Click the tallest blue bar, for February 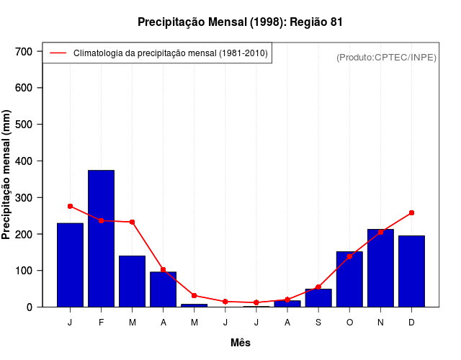(101, 238)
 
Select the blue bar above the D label (411, 271)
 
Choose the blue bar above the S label (318, 298)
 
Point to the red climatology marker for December (411, 213)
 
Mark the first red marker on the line (70, 206)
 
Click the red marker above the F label (101, 220)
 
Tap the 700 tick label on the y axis (24, 52)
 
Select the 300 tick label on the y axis (24, 198)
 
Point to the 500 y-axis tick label (24, 125)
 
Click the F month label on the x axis (101, 323)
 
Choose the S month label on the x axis (318, 323)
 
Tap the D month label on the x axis (411, 323)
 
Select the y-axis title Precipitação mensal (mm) (7, 179)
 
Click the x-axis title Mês (241, 343)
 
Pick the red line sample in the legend (58, 53)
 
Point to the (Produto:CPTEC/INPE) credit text (386, 57)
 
